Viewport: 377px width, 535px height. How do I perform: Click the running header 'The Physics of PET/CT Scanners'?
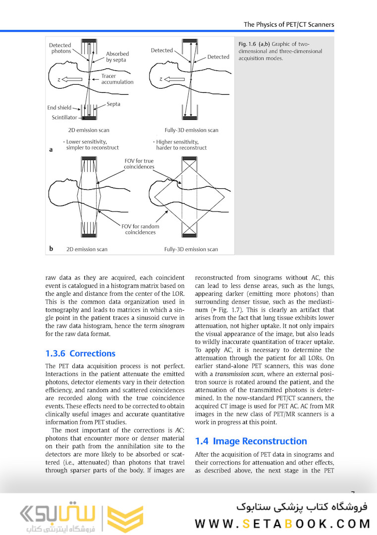tap(289, 24)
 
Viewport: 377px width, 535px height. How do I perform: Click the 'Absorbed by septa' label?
tap(117, 56)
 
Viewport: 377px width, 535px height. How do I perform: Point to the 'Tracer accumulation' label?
tap(117, 79)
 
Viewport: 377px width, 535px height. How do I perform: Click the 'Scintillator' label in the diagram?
tap(64, 117)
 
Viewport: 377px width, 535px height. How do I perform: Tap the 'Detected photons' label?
tap(60, 48)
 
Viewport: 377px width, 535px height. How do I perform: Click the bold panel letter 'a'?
tap(51, 149)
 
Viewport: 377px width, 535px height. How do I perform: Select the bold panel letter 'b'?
tap(51, 249)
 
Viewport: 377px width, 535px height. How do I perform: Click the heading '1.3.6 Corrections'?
tap(80, 353)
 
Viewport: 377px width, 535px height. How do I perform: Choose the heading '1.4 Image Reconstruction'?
tap(251, 441)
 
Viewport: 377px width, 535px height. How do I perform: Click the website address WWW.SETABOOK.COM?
tap(282, 523)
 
